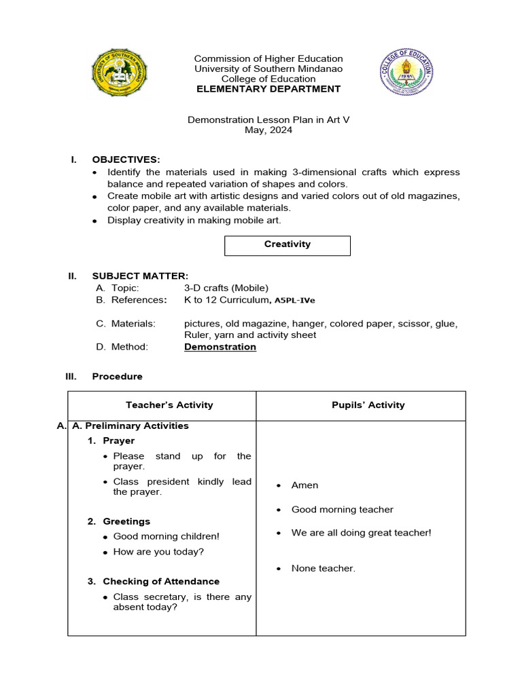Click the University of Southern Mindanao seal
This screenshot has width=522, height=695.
click(x=120, y=73)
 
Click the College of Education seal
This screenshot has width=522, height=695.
click(x=406, y=72)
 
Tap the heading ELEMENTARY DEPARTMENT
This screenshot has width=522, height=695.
click(x=268, y=89)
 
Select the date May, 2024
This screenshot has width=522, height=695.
click(x=268, y=130)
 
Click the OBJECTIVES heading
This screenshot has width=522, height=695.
click(x=126, y=159)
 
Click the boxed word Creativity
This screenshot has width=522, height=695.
click(x=288, y=244)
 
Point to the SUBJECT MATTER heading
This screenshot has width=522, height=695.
click(x=140, y=276)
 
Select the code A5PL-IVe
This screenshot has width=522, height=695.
click(x=295, y=300)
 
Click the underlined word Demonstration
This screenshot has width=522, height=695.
click(x=220, y=347)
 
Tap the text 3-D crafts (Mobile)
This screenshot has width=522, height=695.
click(x=226, y=288)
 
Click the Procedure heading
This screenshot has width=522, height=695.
click(x=118, y=376)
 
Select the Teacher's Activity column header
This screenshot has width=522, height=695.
click(x=169, y=405)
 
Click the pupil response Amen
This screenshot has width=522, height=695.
click(x=304, y=485)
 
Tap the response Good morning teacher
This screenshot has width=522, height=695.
click(x=342, y=510)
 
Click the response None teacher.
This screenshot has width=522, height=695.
click(x=323, y=568)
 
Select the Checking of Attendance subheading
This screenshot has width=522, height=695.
click(x=161, y=582)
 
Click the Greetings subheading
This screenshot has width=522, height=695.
click(x=126, y=521)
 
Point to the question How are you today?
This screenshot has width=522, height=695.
click(x=158, y=552)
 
